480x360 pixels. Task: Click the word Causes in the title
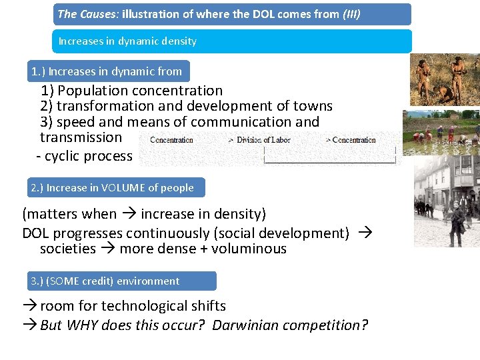click(99, 14)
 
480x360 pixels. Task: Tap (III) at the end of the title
click(351, 14)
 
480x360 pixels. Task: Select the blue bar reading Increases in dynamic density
click(232, 41)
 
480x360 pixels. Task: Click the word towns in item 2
click(311, 107)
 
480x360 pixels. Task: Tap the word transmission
click(81, 138)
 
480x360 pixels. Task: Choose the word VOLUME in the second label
click(123, 188)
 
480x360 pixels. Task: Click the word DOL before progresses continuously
click(36, 233)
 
